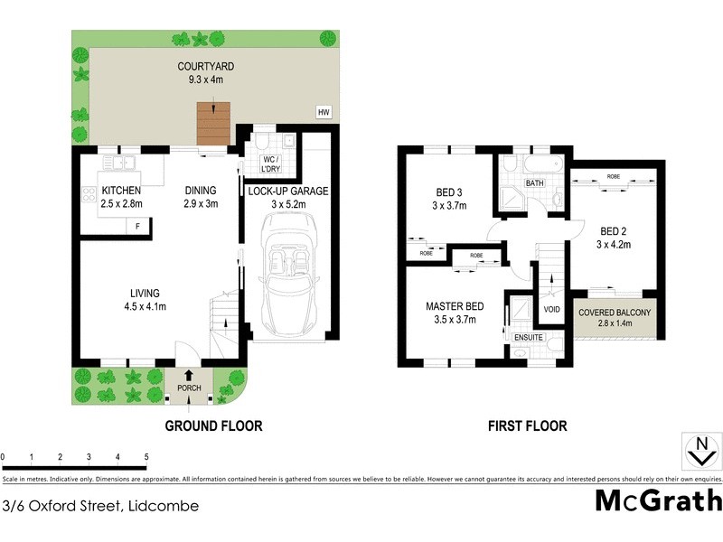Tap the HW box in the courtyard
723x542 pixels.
[323, 112]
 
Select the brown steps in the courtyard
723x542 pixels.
[214, 124]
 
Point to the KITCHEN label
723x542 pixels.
[122, 192]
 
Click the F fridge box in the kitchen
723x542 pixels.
[138, 225]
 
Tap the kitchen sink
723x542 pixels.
[118, 164]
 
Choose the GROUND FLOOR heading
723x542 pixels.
[213, 425]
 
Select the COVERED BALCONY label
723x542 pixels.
[615, 313]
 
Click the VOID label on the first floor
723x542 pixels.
[550, 309]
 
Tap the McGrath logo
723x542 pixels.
[658, 500]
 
